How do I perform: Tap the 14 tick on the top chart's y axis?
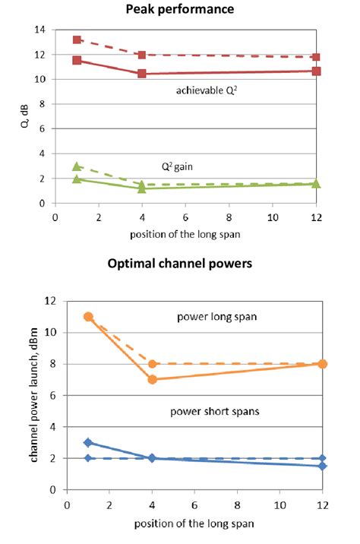[x=40, y=30]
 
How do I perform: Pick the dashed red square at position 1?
[x=77, y=40]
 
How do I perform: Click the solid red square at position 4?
[x=142, y=74]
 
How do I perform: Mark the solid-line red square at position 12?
[x=316, y=71]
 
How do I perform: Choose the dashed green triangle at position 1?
[x=77, y=166]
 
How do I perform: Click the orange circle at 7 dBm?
[x=152, y=379]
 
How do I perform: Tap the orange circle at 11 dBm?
[x=88, y=316]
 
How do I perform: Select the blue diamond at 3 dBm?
[x=88, y=442]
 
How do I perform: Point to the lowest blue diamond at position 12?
[x=323, y=466]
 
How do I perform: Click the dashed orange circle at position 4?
[x=152, y=364]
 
